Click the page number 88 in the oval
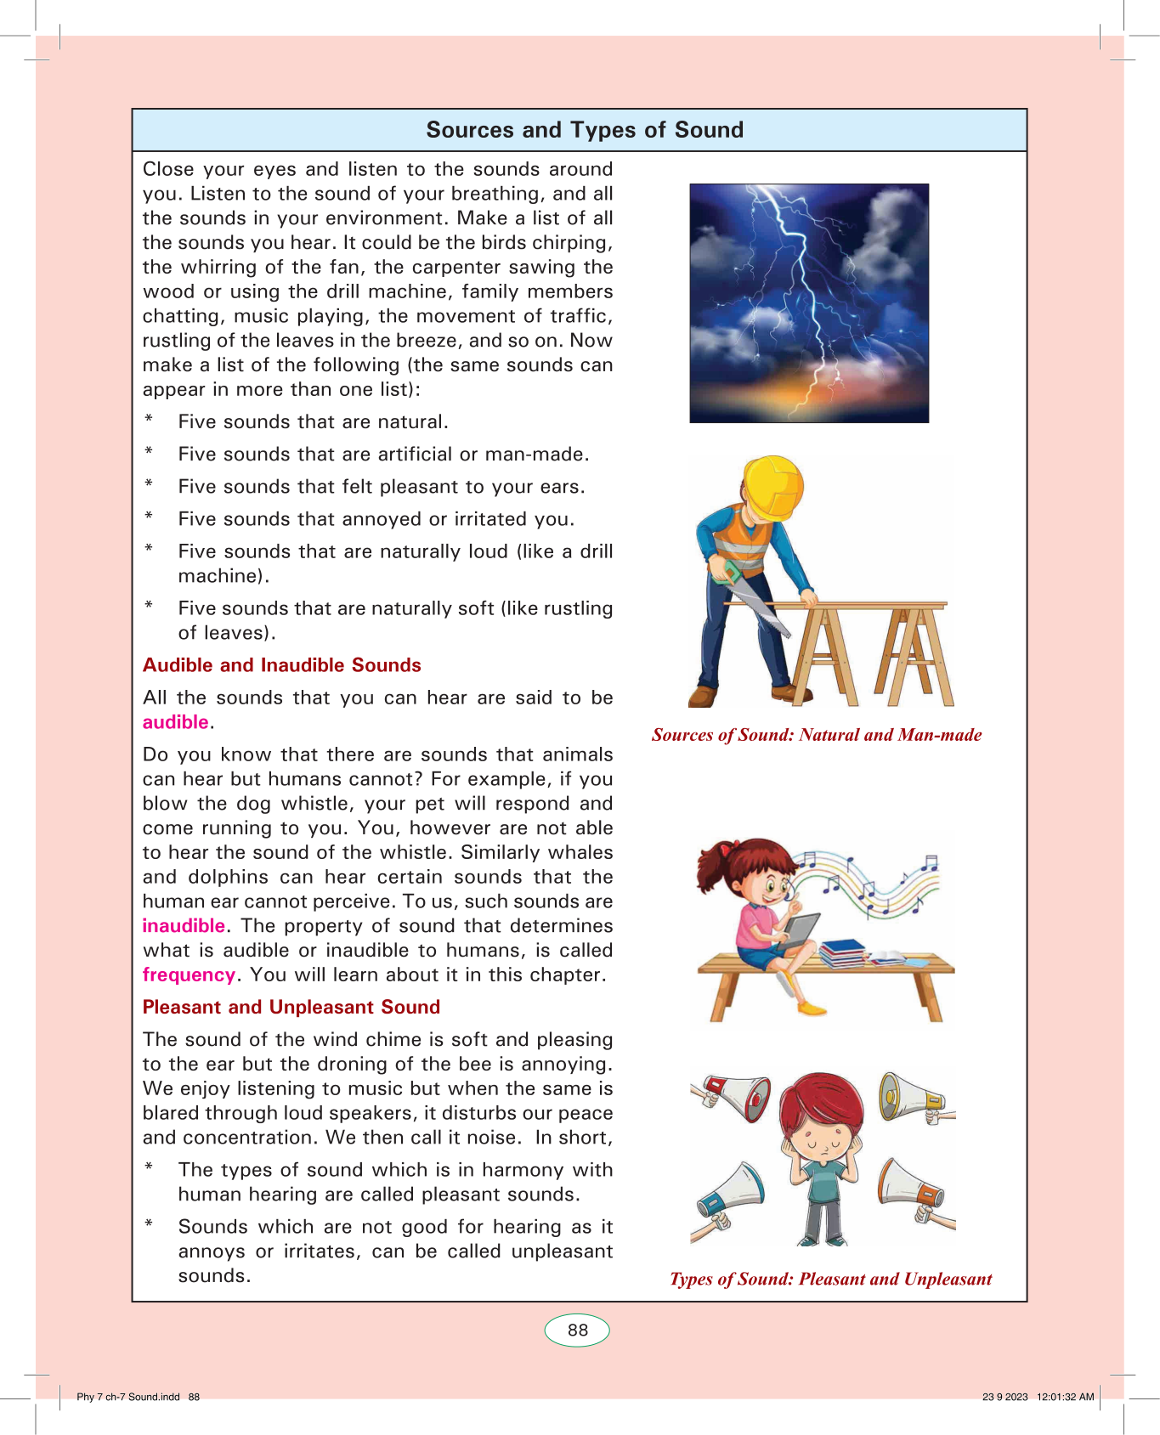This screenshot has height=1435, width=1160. click(x=577, y=1330)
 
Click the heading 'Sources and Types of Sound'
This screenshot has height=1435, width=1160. click(x=585, y=130)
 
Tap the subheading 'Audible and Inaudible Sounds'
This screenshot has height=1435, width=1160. click(x=282, y=665)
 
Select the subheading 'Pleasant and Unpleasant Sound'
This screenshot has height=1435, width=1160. click(x=291, y=1007)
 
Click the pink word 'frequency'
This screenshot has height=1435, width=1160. click(x=189, y=975)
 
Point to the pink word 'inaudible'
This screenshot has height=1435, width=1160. click(x=184, y=925)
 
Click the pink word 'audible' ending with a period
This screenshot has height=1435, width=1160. click(x=176, y=722)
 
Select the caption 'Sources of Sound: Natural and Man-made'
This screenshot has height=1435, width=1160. click(x=817, y=735)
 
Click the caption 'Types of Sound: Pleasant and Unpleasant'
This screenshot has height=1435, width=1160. click(x=830, y=1279)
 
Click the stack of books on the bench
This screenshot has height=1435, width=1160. click(x=843, y=952)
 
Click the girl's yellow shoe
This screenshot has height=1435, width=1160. click(x=812, y=1008)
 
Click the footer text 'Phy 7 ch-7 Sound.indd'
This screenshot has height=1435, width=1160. click(x=128, y=1397)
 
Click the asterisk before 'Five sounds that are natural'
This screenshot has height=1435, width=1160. click(x=149, y=420)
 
